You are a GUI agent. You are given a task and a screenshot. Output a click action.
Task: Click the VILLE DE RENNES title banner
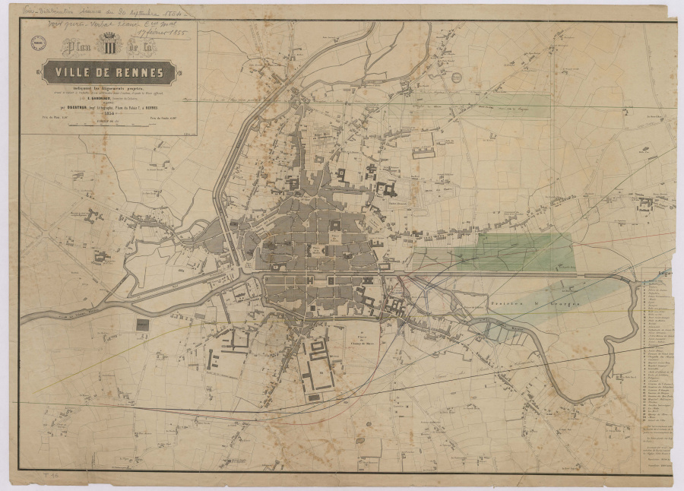109,73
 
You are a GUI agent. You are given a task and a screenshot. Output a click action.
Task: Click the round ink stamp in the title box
36,45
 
